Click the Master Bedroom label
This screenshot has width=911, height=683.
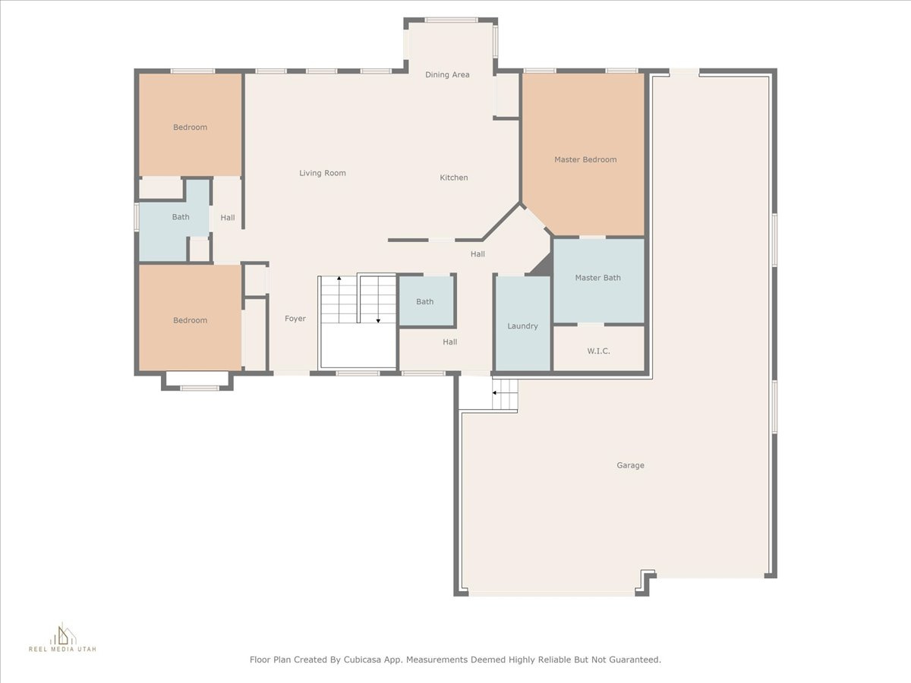[585, 159]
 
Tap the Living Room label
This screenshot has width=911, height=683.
[323, 173]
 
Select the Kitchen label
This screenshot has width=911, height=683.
[454, 178]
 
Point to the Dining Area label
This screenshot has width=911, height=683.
[447, 75]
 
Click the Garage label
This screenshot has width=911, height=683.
[630, 465]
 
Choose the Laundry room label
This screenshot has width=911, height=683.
[522, 326]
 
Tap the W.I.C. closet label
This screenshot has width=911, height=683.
[598, 351]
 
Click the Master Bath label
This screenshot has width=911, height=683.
[597, 278]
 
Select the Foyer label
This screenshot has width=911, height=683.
[295, 319]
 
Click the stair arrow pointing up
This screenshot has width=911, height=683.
[339, 300]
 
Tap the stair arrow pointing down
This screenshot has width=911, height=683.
[378, 300]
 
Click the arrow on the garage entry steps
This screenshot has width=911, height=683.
[505, 392]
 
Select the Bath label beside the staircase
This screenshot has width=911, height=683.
[424, 302]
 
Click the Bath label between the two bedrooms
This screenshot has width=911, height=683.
[181, 217]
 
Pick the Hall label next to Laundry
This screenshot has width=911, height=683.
[450, 342]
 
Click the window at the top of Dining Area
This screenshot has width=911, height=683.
[451, 20]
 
